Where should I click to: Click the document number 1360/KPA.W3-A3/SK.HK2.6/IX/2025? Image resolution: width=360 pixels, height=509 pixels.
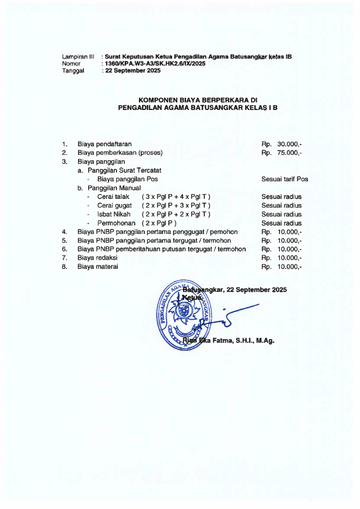click(x=155, y=63)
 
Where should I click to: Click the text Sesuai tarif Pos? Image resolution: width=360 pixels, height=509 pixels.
click(x=284, y=180)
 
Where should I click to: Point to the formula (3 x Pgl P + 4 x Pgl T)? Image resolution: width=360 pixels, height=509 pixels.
click(x=176, y=197)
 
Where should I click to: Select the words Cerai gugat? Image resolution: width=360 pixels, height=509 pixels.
click(x=115, y=206)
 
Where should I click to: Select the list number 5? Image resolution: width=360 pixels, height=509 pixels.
click(x=64, y=241)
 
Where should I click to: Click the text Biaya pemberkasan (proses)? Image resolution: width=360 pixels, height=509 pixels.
click(x=120, y=153)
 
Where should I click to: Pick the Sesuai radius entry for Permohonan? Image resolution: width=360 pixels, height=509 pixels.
click(x=281, y=223)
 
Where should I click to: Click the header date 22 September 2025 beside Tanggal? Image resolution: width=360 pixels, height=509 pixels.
click(x=132, y=71)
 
